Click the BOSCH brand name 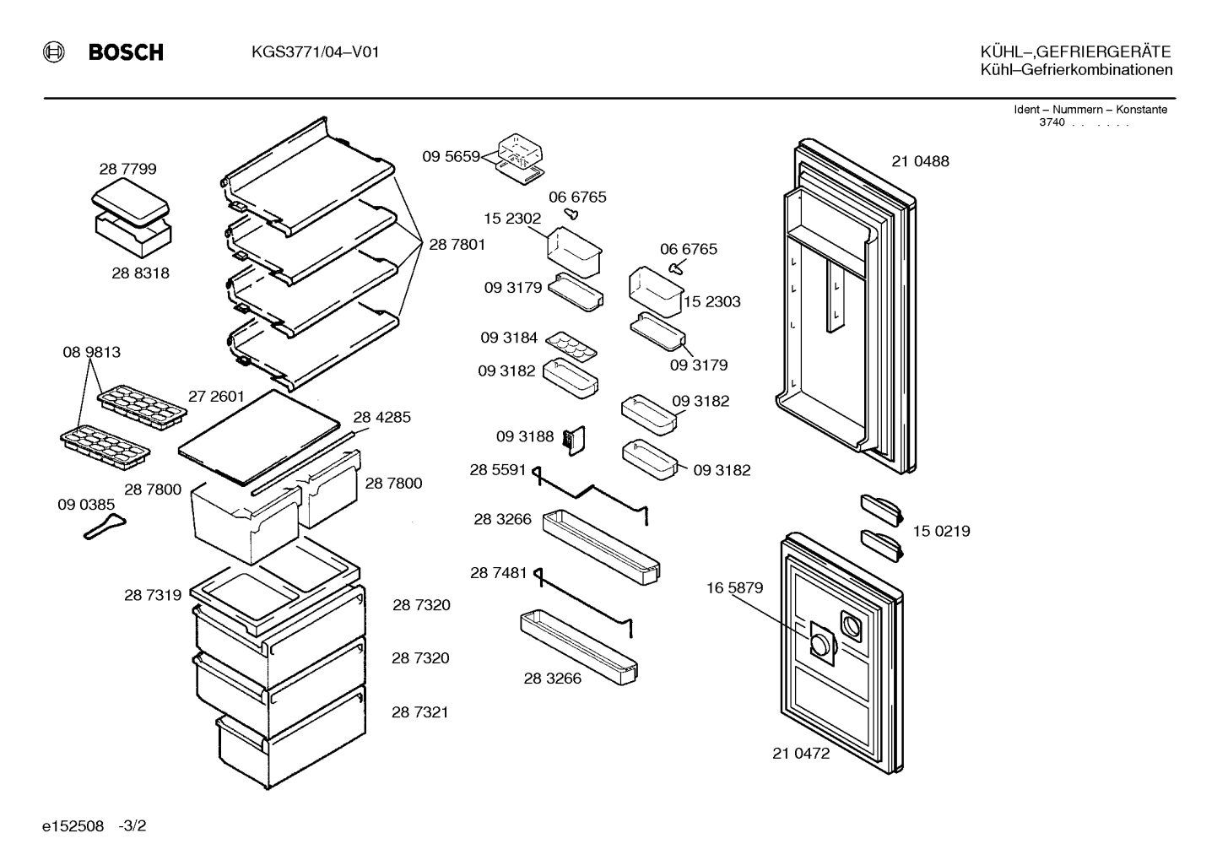coord(126,52)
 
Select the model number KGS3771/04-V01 coord(315,52)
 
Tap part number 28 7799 coord(127,169)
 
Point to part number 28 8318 coord(141,273)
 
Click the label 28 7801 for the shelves coord(457,245)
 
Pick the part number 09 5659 coord(451,156)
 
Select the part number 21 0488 coord(921,161)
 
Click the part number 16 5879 coord(734,587)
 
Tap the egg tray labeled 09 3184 coord(571,348)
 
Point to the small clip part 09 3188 coord(575,440)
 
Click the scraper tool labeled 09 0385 coord(105,527)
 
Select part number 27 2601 coord(216,397)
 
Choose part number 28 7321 coord(420,712)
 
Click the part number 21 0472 coord(801,754)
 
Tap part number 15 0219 coord(941,531)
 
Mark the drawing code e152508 coord(73,826)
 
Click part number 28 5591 coord(498,470)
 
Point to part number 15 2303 coord(711,301)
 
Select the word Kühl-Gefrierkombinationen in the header coord(1076,70)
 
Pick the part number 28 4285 coord(382,417)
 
